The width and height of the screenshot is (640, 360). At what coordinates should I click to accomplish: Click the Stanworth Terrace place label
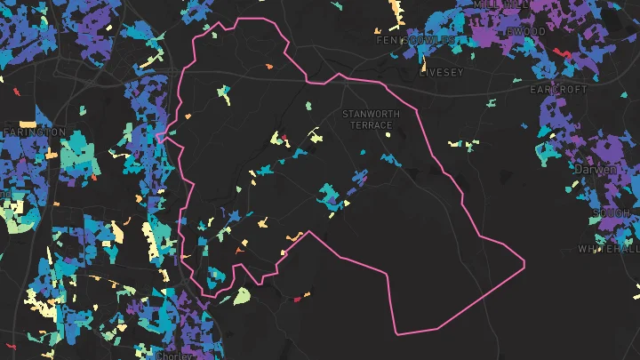(x=371, y=119)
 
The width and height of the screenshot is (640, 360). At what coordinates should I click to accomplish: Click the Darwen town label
(x=595, y=169)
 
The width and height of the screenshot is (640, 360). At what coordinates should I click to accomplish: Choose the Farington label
(x=34, y=132)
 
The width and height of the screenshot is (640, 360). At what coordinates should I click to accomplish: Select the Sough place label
(x=612, y=213)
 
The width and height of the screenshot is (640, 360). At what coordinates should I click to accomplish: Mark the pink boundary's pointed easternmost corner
(x=524, y=262)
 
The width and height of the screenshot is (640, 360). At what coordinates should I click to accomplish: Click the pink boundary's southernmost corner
(x=396, y=334)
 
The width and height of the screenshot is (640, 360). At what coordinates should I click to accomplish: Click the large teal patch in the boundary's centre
(x=332, y=196)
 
